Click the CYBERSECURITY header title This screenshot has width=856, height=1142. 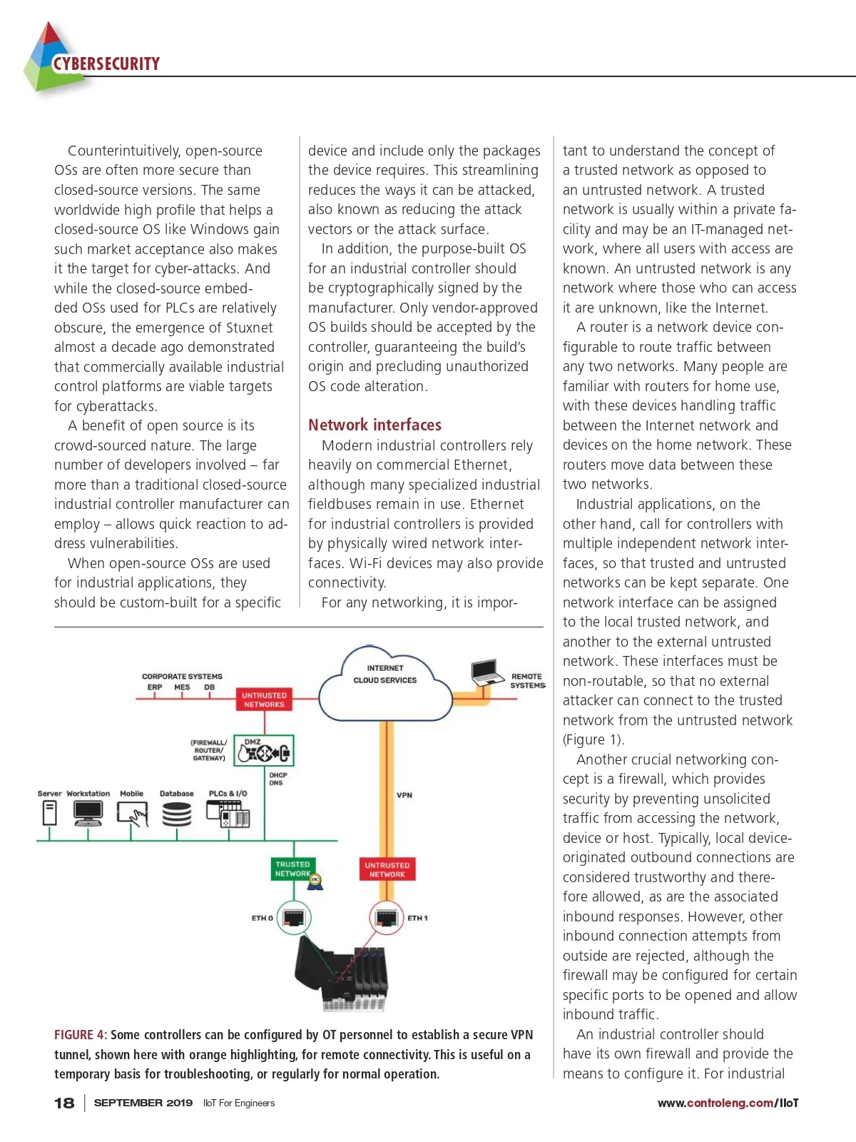click(106, 64)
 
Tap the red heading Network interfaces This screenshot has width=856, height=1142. click(374, 425)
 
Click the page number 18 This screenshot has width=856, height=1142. click(64, 1103)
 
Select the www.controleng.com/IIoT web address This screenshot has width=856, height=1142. click(728, 1103)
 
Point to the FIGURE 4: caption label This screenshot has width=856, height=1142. click(81, 1035)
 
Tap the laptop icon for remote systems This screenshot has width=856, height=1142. click(487, 672)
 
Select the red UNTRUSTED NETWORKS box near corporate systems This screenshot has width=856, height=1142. click(264, 699)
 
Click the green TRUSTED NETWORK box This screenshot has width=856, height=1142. click(292, 869)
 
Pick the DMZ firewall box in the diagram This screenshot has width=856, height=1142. click(264, 751)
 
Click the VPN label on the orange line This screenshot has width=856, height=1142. click(404, 795)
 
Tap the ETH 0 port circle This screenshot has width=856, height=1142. click(294, 917)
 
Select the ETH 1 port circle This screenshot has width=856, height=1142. click(386, 917)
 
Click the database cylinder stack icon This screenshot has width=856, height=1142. click(177, 814)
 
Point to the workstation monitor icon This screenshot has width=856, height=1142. click(88, 812)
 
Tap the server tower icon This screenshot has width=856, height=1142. click(49, 812)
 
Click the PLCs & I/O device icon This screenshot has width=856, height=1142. click(228, 813)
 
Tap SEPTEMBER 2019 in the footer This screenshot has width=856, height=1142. click(143, 1103)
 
